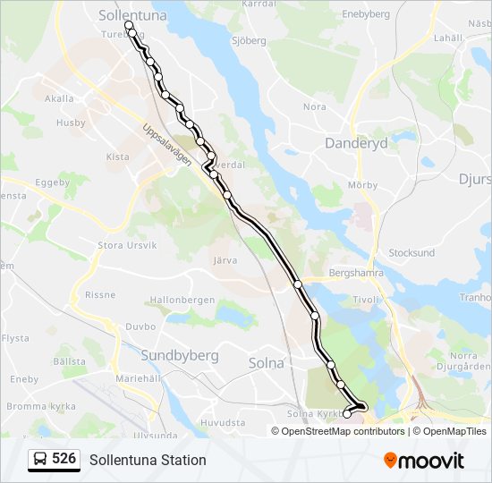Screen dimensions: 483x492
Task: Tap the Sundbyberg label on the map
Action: (180, 355)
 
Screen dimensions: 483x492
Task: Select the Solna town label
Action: (265, 362)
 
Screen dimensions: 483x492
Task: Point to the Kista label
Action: (117, 157)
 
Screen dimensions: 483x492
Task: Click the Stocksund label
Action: (411, 253)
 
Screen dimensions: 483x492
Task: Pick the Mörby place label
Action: (363, 186)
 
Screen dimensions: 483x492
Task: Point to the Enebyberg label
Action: (366, 14)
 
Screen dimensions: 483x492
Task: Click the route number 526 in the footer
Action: (64, 459)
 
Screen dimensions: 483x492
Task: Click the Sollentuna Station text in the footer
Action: (148, 460)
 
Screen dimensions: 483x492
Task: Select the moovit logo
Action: (424, 460)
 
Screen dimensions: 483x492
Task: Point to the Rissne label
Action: (99, 293)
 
